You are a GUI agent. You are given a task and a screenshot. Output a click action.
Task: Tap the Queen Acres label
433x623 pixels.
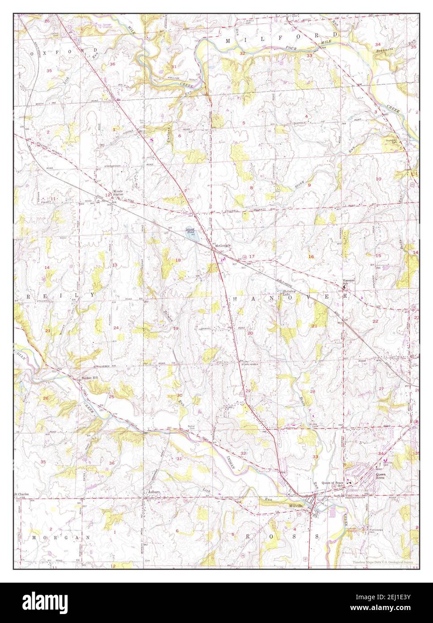tap(381, 476)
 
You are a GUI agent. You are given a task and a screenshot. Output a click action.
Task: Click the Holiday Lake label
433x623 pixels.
tap(286, 293)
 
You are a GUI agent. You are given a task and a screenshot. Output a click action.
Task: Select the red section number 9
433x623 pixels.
tap(309, 185)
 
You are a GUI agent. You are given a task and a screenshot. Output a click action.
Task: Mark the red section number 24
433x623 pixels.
tap(116, 328)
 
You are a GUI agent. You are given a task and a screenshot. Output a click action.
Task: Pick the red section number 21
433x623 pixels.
tap(314, 326)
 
